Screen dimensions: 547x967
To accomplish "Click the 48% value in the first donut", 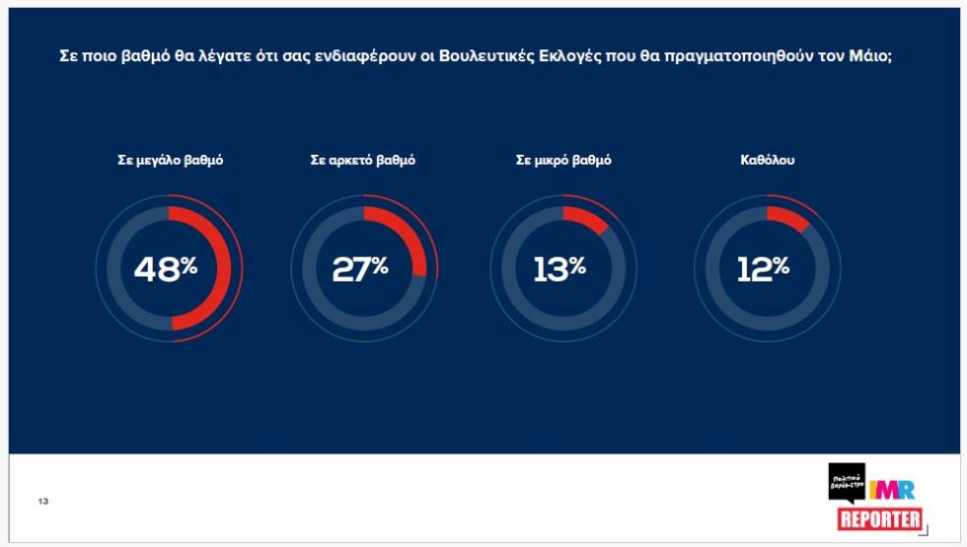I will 166,268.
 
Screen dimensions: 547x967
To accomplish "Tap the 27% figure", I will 360,268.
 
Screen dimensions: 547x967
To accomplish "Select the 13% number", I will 559,268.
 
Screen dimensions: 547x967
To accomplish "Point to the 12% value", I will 763,268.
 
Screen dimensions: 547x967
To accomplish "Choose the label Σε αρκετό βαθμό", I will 363,161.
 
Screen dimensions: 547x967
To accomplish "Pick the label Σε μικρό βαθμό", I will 563,161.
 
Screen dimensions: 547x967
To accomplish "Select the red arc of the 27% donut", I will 409,237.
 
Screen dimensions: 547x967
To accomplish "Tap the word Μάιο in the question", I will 870,56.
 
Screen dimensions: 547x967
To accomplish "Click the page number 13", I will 43,502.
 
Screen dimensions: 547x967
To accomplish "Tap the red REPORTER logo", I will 880,519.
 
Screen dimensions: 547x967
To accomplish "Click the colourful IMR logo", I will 892,489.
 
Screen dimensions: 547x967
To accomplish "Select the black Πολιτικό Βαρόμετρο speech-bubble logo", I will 847,481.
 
